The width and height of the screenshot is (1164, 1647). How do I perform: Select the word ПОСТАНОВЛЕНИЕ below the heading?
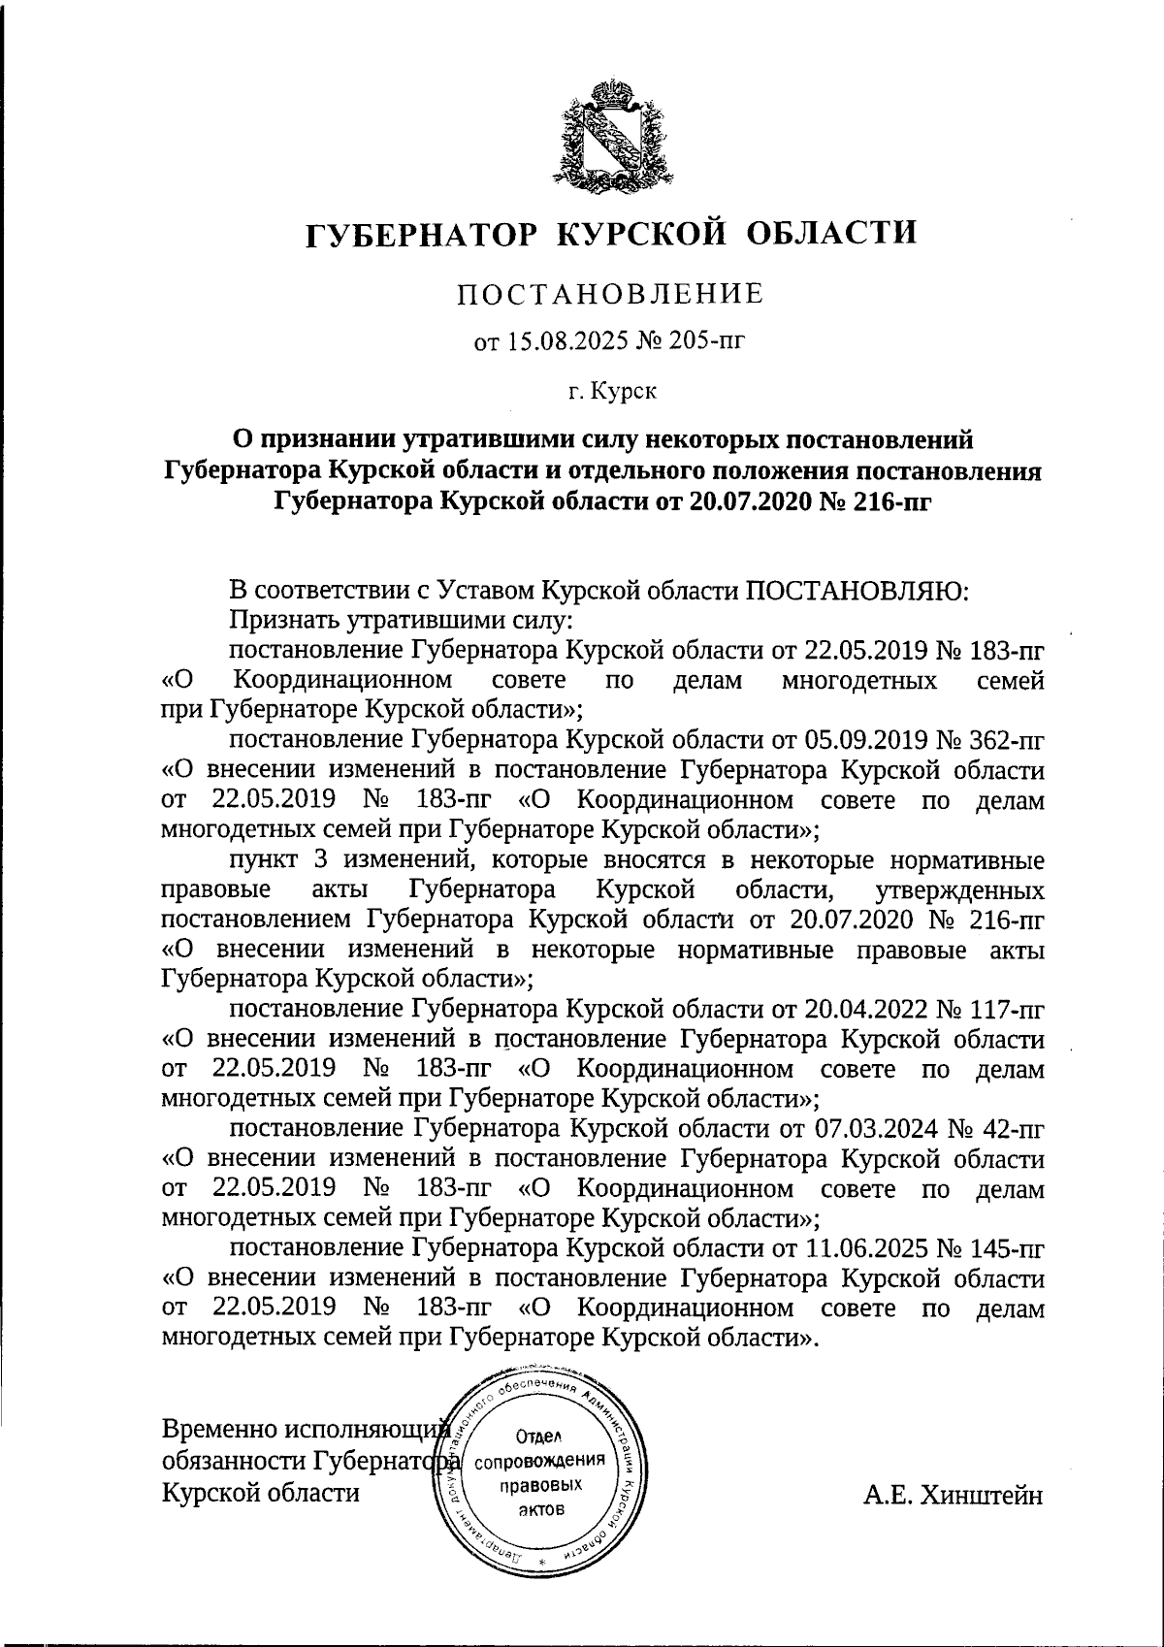(x=610, y=294)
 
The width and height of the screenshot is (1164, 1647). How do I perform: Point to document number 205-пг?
(x=709, y=341)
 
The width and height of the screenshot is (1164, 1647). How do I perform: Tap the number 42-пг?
(x=1017, y=1129)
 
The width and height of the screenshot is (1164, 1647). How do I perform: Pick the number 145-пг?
(x=1010, y=1248)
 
